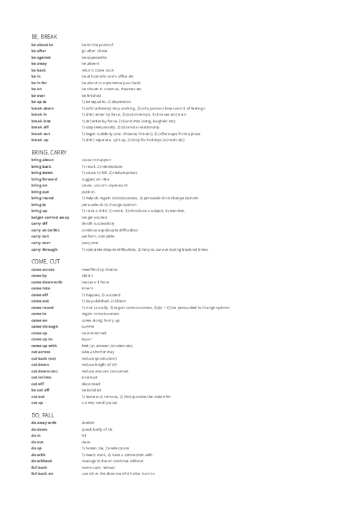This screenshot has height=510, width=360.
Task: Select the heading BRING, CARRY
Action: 48,152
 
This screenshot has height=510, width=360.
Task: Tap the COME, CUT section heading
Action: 45,262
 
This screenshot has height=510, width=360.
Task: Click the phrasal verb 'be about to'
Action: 42,45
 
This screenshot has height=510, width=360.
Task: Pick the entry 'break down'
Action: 42,108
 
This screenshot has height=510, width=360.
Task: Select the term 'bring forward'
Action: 44,179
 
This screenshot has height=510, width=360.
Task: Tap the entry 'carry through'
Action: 44,248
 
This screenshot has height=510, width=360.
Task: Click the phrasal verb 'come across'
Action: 43,269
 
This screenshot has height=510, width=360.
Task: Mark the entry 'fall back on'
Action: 43,473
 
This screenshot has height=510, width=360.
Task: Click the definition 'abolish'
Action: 88,423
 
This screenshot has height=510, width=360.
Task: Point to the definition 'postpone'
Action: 89,242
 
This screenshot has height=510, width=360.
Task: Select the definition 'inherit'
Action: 87,288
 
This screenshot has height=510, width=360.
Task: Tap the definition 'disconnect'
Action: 90,383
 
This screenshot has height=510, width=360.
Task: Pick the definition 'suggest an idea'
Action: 94,179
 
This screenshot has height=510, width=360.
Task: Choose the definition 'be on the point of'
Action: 97,45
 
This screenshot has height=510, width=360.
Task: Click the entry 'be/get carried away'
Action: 50,217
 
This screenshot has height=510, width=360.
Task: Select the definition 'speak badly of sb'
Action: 96,429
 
